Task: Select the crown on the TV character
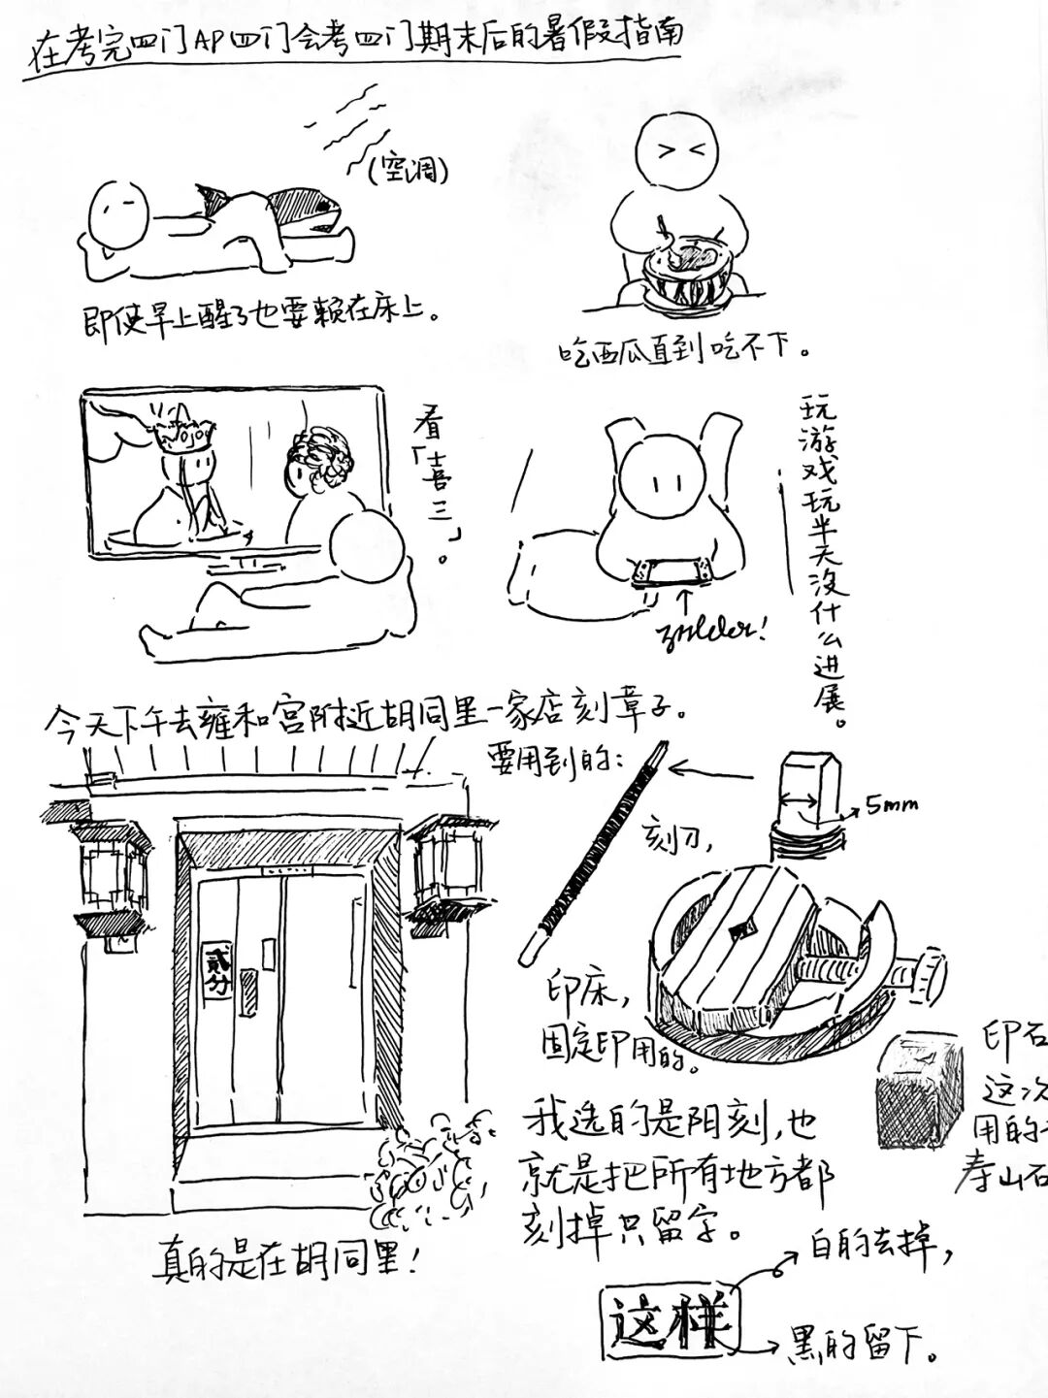point(182,436)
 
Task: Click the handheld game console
point(667,572)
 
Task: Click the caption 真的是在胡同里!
point(288,1263)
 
